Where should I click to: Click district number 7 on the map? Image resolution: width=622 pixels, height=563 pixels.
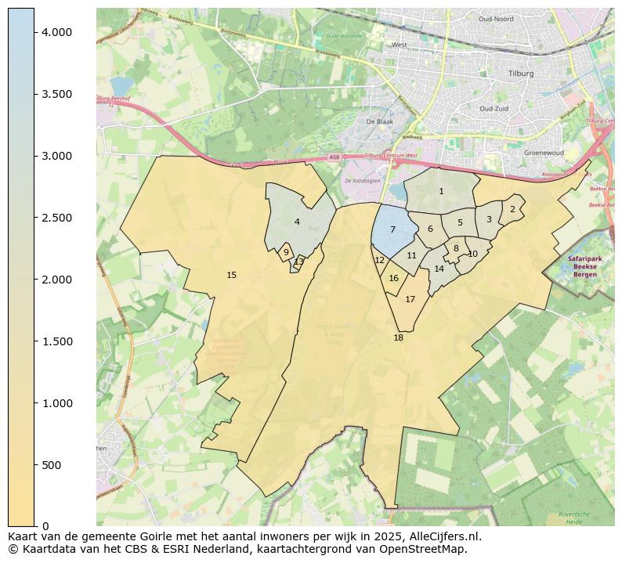coord(392,229)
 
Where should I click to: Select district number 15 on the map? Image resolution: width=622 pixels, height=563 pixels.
coord(231,275)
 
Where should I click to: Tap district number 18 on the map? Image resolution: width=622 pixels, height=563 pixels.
coord(398,337)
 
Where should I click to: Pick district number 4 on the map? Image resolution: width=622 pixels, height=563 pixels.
coord(297,222)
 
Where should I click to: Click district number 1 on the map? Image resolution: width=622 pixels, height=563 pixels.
coord(441,191)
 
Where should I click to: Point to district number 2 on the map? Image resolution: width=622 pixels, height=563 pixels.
coord(512,209)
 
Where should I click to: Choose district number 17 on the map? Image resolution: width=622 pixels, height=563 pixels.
coord(410,299)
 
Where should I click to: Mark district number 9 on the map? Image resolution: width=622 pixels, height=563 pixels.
coord(286,252)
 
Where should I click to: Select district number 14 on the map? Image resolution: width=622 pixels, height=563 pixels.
coord(439,269)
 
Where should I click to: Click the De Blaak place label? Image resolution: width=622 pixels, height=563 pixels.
coord(379,121)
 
